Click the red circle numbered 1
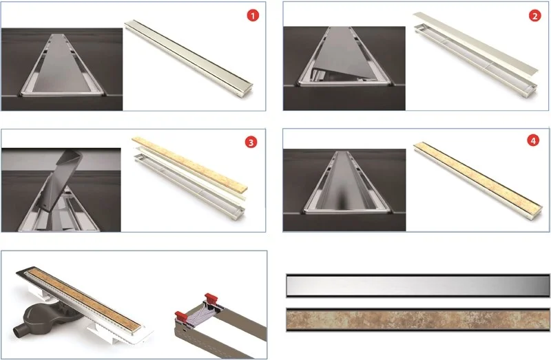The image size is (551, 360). (253, 15)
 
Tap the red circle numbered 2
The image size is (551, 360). (535, 16)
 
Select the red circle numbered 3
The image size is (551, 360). (251, 142)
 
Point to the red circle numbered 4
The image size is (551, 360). (533, 141)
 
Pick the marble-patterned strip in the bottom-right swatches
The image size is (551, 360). (418, 319)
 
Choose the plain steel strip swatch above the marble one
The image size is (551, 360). (418, 286)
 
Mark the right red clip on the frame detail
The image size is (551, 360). (211, 297)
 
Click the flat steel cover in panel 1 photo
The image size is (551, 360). (62, 65)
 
